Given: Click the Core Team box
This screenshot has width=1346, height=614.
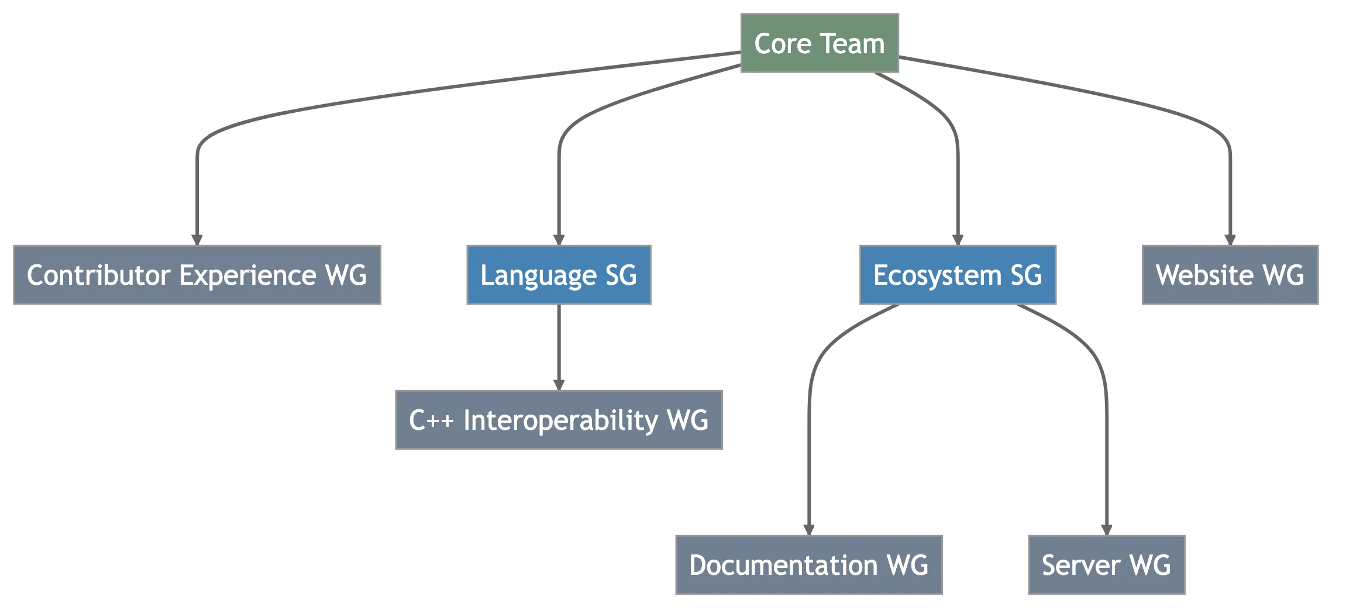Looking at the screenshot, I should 821,43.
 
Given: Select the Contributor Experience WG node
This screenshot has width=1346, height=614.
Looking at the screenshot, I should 197,275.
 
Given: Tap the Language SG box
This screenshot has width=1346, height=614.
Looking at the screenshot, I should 559,275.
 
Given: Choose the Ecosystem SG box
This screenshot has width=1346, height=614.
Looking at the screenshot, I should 956,275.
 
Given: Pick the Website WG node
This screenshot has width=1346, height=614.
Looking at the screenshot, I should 1230,275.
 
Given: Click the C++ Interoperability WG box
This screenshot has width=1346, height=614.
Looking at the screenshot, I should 559,420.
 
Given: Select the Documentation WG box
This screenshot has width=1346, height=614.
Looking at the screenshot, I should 809,565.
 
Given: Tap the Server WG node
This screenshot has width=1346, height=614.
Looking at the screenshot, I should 1106,565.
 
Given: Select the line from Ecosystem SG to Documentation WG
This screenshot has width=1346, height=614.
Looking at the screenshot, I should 809,456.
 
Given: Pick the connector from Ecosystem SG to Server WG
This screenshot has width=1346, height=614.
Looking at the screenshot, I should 1106,456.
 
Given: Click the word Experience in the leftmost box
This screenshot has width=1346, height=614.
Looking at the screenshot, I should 247,275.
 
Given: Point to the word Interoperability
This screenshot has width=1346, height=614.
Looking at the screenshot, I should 560,420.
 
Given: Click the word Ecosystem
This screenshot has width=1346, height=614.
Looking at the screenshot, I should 937,275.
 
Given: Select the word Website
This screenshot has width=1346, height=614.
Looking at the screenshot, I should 1204,275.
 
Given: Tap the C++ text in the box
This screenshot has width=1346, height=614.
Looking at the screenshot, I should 431,420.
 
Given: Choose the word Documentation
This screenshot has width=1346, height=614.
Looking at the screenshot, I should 783,565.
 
